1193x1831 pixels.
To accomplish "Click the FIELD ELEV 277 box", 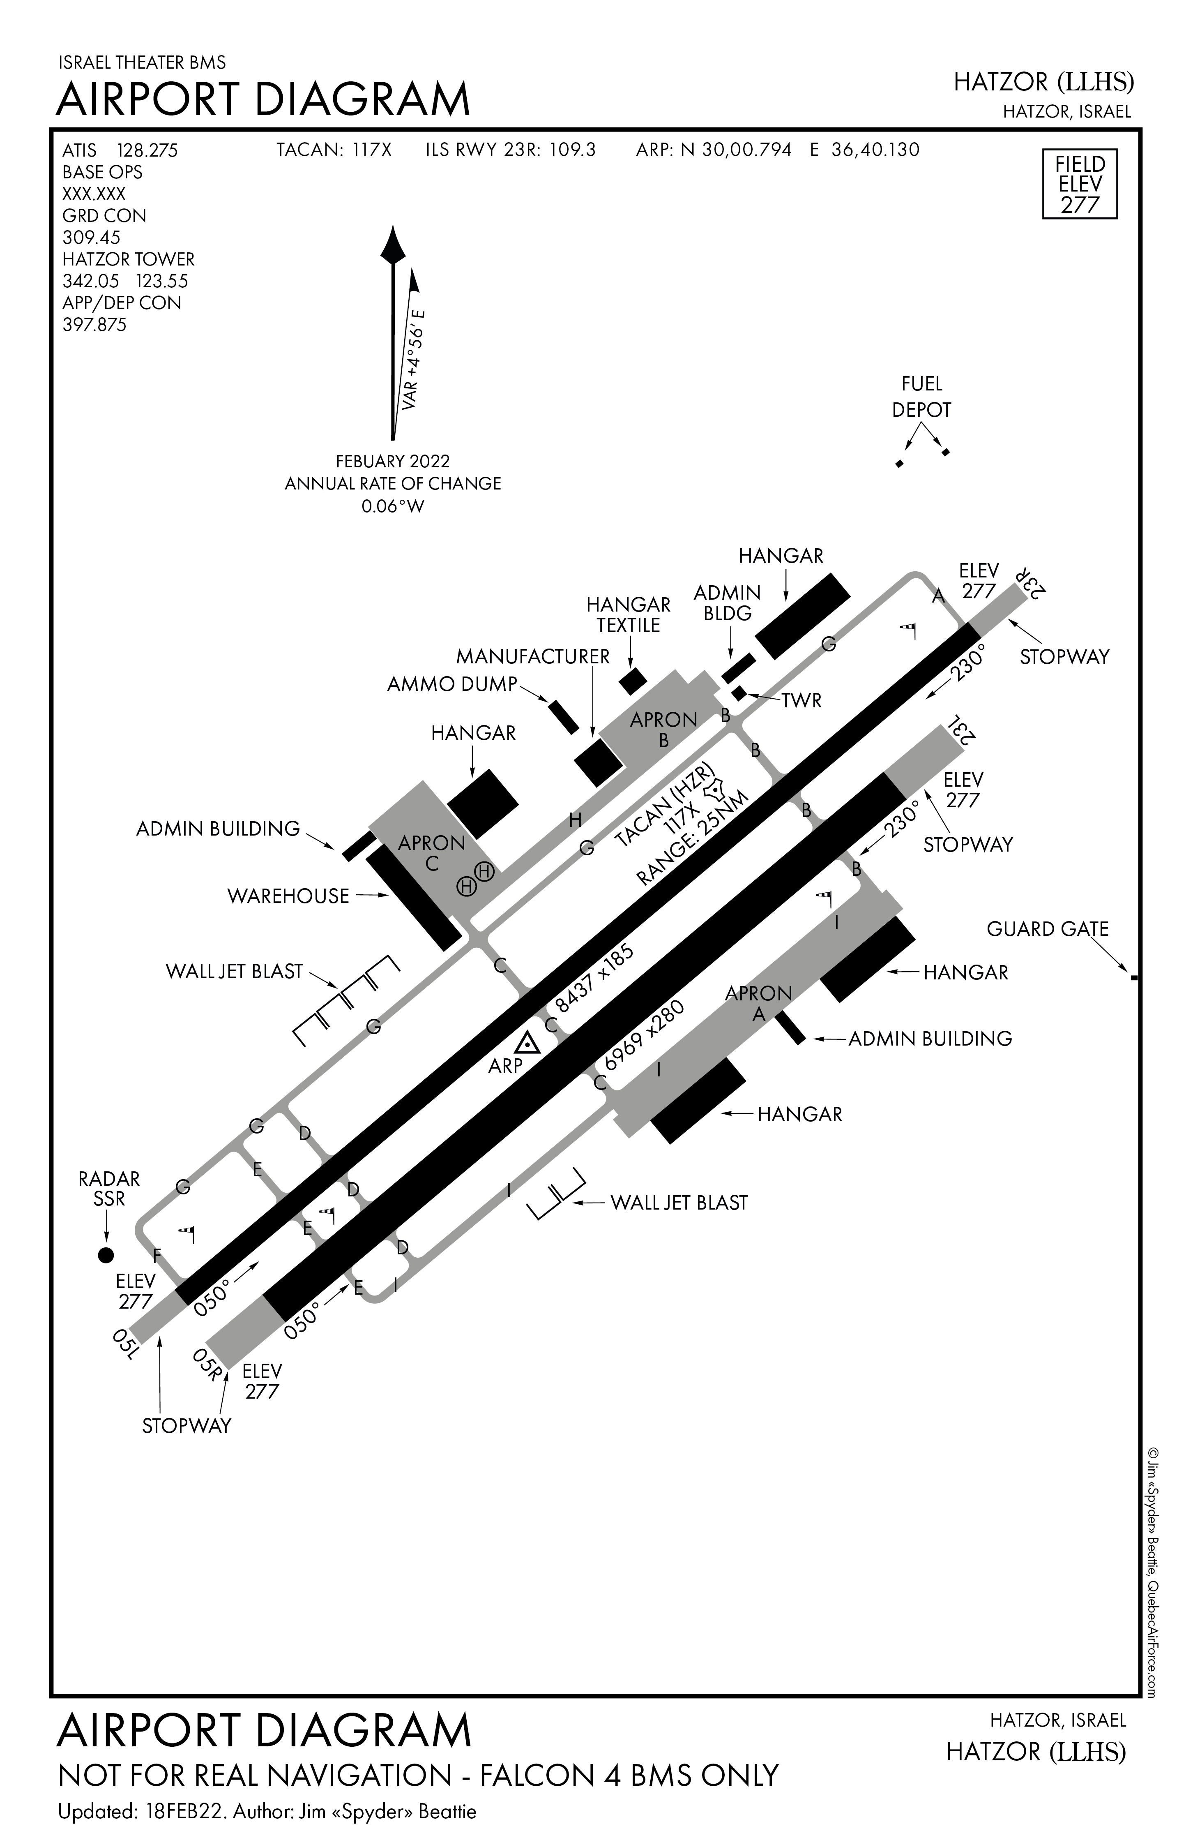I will click(1079, 185).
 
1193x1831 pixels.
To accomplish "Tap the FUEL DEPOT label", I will click(921, 397).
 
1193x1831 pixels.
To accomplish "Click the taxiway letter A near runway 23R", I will click(937, 596).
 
